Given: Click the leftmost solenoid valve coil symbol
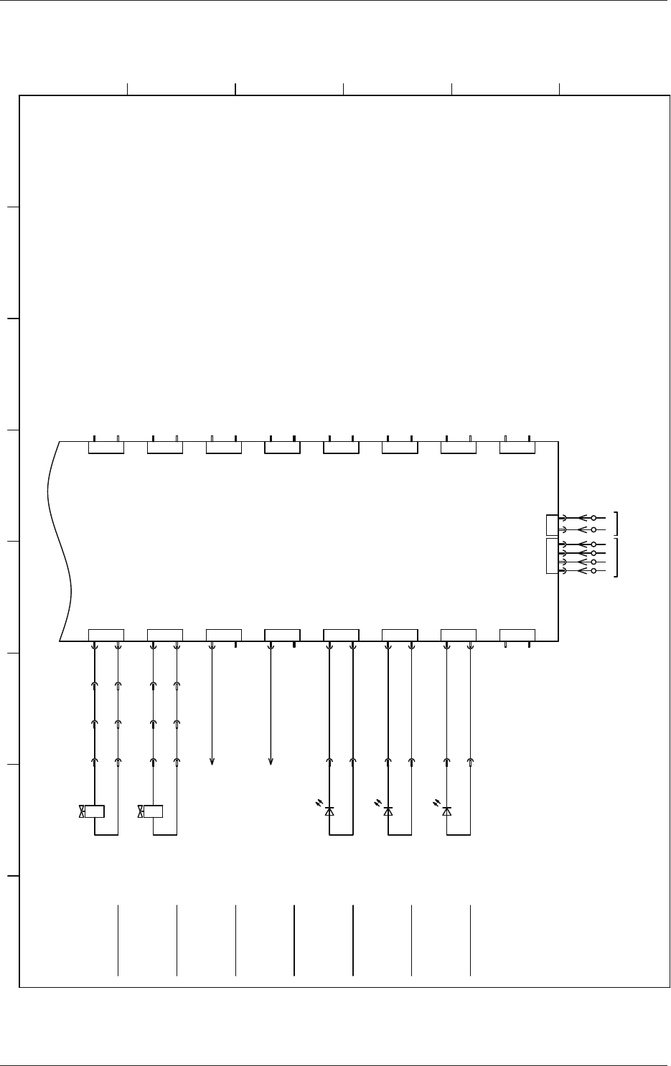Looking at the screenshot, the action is pyautogui.click(x=95, y=811).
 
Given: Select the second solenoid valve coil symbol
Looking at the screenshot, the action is pyautogui.click(x=154, y=811).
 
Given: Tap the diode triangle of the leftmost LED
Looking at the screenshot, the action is pyautogui.click(x=329, y=811).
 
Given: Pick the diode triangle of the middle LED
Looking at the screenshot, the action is pyautogui.click(x=388, y=811).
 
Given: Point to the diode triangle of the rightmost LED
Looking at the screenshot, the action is pyautogui.click(x=447, y=811).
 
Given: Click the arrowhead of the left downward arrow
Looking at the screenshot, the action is pyautogui.click(x=212, y=762).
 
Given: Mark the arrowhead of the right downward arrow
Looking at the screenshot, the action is pyautogui.click(x=271, y=762).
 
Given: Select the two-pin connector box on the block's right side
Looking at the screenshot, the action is pyautogui.click(x=552, y=524).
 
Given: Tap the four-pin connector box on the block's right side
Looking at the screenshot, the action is pyautogui.click(x=552, y=556).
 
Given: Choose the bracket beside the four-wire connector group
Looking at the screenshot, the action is pyautogui.click(x=616, y=557).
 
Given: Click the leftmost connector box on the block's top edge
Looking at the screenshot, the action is pyautogui.click(x=106, y=448).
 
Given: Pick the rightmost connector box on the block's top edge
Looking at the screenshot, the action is pyautogui.click(x=517, y=448).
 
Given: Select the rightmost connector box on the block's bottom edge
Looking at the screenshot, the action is pyautogui.click(x=517, y=634).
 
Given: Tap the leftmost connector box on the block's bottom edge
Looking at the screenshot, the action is pyautogui.click(x=106, y=634).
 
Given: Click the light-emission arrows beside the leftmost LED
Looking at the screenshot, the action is pyautogui.click(x=319, y=803).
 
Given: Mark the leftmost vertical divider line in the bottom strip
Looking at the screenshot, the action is pyautogui.click(x=118, y=940).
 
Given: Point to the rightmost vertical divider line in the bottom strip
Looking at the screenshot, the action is pyautogui.click(x=470, y=940).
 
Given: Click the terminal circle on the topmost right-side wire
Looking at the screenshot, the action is pyautogui.click(x=593, y=517).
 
